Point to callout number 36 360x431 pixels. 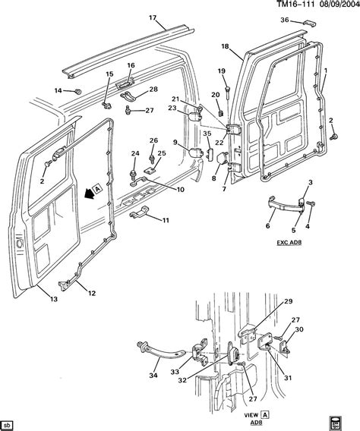[x=285, y=20]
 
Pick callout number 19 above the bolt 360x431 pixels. [x=222, y=71]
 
